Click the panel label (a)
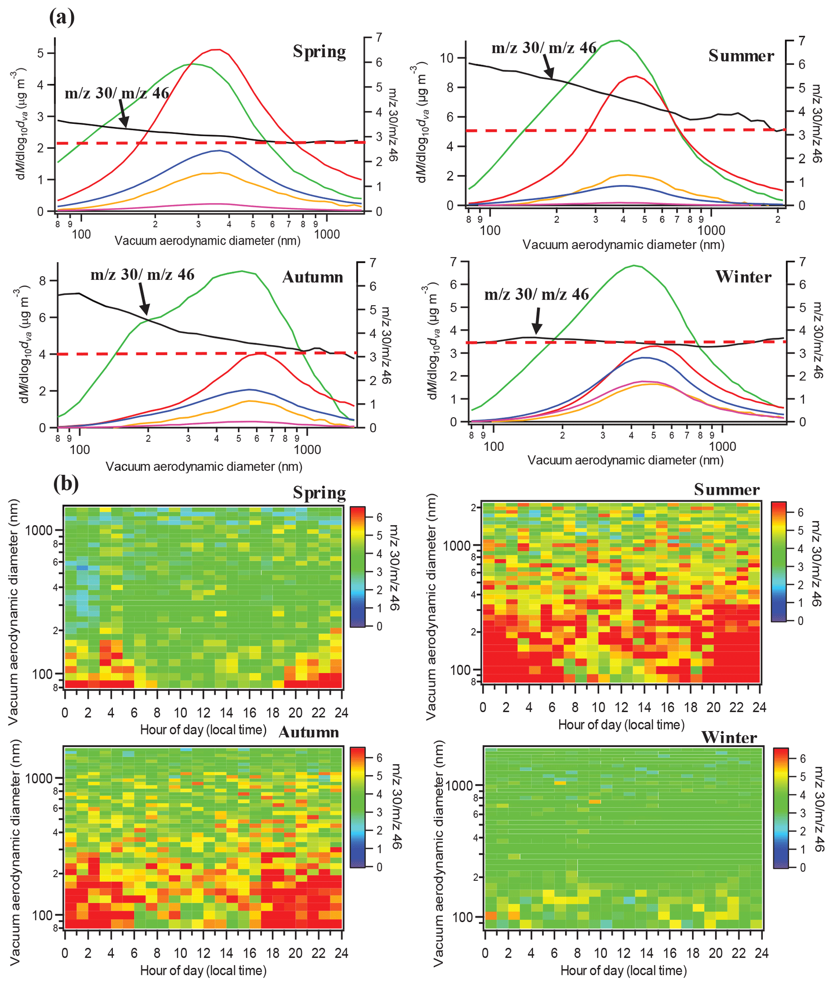tap(62, 18)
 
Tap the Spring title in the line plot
tap(319, 52)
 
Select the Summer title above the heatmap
tap(726, 490)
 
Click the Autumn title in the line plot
tap(313, 277)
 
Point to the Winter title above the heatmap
tap(729, 738)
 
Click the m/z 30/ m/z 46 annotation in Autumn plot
tap(142, 275)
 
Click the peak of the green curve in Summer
tap(619, 41)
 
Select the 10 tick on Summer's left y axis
tap(446, 58)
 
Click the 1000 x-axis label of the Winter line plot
tap(722, 446)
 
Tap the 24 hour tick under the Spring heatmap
tap(341, 713)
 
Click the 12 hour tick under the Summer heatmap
tap(621, 707)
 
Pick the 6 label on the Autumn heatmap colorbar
tap(379, 757)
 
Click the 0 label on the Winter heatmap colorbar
tap(802, 867)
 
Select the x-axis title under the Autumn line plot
tap(204, 467)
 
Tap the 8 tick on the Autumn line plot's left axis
tap(42, 281)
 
